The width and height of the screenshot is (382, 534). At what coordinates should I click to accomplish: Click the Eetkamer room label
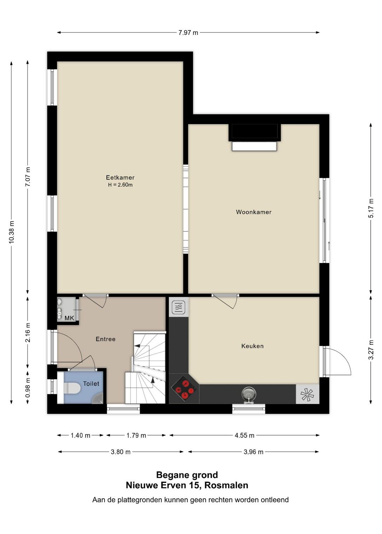click(120, 178)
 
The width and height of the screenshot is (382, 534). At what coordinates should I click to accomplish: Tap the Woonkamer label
click(254, 212)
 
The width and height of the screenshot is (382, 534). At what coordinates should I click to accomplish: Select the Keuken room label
click(252, 346)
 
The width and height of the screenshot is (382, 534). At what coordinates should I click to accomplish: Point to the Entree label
click(105, 339)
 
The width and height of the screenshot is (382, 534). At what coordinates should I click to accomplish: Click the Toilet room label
click(91, 383)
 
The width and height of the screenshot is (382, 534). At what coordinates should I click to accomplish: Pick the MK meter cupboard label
click(69, 318)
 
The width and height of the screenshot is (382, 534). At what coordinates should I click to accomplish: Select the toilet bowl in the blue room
click(71, 388)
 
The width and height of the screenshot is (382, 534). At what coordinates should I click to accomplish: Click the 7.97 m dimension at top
click(188, 33)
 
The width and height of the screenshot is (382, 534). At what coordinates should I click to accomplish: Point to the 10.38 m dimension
click(12, 232)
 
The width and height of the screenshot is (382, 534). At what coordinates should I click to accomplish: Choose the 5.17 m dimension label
click(371, 208)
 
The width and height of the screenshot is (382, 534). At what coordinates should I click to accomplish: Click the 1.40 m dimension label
click(80, 435)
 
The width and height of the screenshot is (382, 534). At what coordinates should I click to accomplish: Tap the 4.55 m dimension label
click(244, 435)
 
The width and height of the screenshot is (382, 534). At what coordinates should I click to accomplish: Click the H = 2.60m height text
click(120, 185)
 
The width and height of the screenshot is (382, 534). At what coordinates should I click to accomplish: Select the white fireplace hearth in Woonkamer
click(254, 146)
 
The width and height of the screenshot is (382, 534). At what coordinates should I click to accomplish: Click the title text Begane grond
click(187, 475)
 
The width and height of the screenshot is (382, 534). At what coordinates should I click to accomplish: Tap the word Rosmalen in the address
click(226, 485)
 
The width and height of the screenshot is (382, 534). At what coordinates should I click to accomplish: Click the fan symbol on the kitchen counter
click(307, 394)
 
